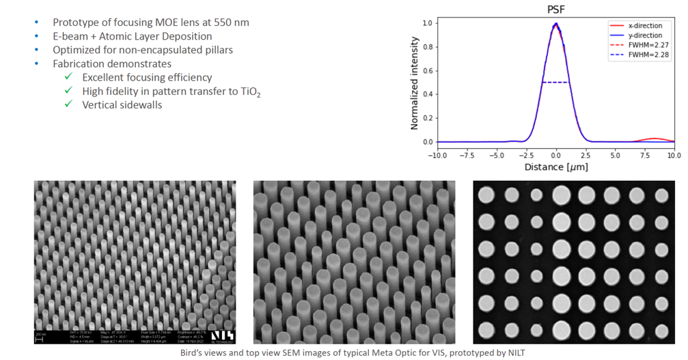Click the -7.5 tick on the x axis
tap(467, 154)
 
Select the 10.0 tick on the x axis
tap(674, 154)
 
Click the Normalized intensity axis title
tap(415, 82)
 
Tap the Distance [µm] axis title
tap(555, 167)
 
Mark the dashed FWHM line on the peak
tap(555, 83)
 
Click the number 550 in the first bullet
tap(215, 22)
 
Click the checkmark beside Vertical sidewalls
tap(68, 105)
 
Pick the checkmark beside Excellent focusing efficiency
tap(68, 77)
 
